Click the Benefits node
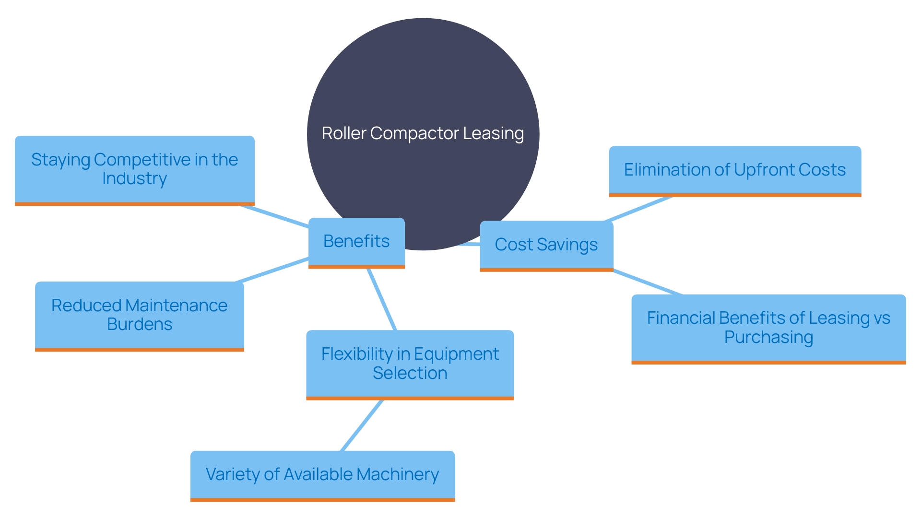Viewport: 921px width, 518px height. [x=356, y=242]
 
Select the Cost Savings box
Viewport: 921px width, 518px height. [x=546, y=245]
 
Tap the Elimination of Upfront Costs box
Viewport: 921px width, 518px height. [x=734, y=170]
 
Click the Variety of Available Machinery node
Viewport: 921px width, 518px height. [x=322, y=474]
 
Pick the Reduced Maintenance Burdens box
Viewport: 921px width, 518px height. [x=139, y=315]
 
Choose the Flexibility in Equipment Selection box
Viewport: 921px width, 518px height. [x=410, y=364]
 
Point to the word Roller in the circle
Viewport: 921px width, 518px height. [x=344, y=133]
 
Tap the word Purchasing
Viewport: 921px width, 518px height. [x=768, y=337]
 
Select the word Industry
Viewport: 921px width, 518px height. [x=134, y=178]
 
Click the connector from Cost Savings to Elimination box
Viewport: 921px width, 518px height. [x=638, y=209]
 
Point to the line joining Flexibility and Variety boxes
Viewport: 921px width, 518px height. [x=362, y=425]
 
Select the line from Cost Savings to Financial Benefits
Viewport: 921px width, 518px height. [x=648, y=283]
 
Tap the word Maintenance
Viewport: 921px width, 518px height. [x=176, y=306]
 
